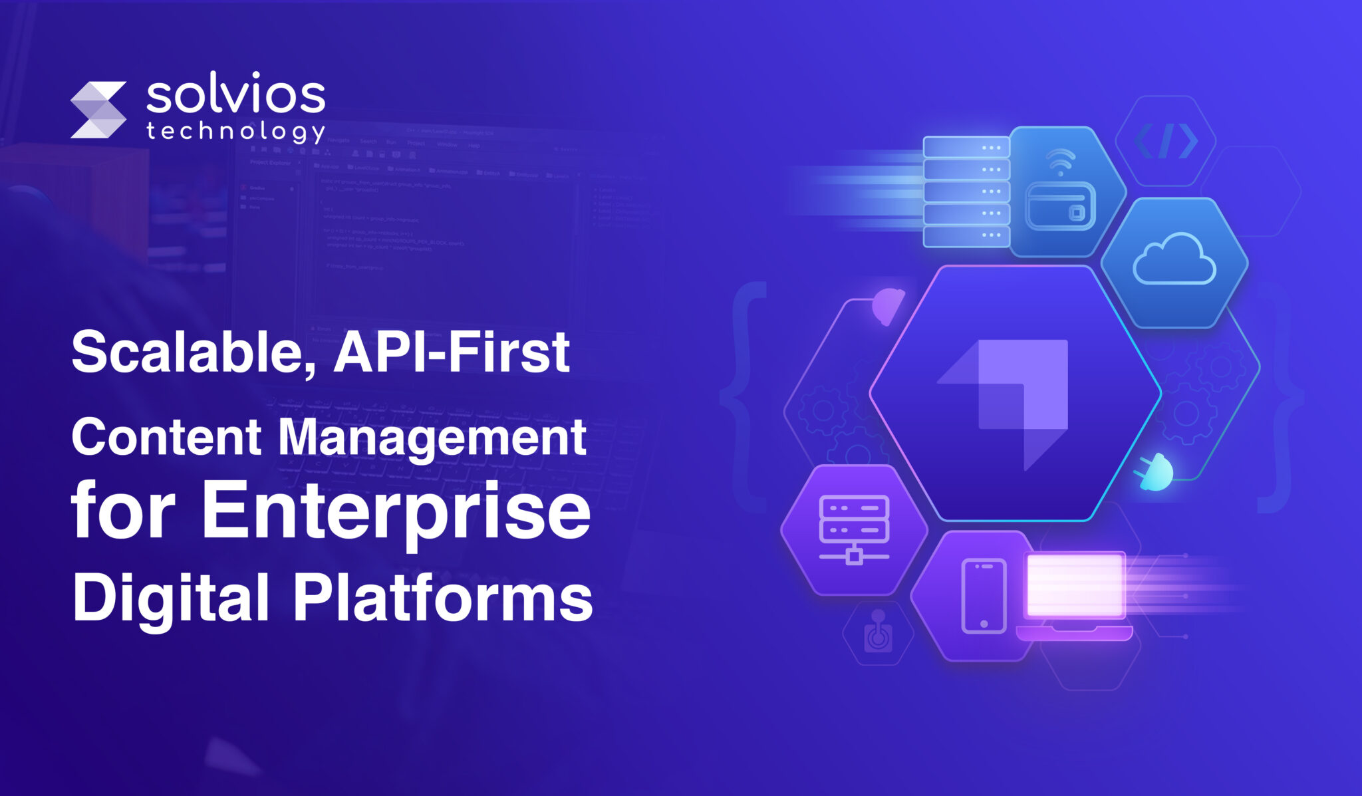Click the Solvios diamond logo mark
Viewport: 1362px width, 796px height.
pyautogui.click(x=98, y=110)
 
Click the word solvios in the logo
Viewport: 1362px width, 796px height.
pyautogui.click(x=235, y=97)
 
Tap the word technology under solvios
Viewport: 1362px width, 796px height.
pyautogui.click(x=235, y=131)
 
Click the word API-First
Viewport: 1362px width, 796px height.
pyautogui.click(x=452, y=352)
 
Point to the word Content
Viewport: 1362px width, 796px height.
pyautogui.click(x=166, y=438)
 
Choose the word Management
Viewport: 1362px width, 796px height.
pyautogui.click(x=432, y=438)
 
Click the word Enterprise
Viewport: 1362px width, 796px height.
pyautogui.click(x=396, y=512)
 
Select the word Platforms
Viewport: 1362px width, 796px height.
pyautogui.click(x=443, y=597)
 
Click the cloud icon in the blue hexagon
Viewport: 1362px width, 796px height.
pyautogui.click(x=1174, y=260)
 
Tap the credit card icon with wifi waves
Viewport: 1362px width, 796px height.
pyautogui.click(x=1060, y=193)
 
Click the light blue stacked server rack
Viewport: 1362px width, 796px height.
pyautogui.click(x=966, y=192)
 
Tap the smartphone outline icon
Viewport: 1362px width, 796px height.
pyautogui.click(x=984, y=596)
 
